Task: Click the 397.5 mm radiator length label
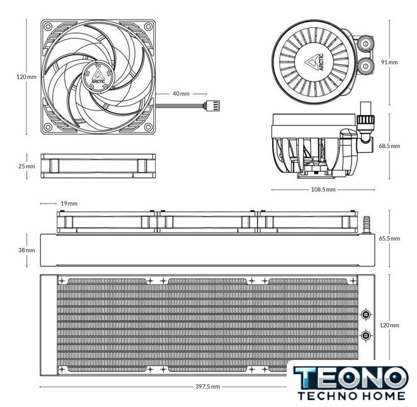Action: (208, 387)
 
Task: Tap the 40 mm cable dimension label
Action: (181, 93)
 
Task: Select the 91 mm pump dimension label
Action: (390, 62)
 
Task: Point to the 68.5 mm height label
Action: (389, 146)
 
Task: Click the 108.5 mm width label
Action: (323, 190)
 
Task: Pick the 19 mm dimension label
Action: (69, 203)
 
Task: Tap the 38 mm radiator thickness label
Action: (27, 250)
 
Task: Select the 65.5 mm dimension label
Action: (389, 238)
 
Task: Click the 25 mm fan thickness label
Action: (27, 166)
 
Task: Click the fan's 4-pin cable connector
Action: (212, 106)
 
